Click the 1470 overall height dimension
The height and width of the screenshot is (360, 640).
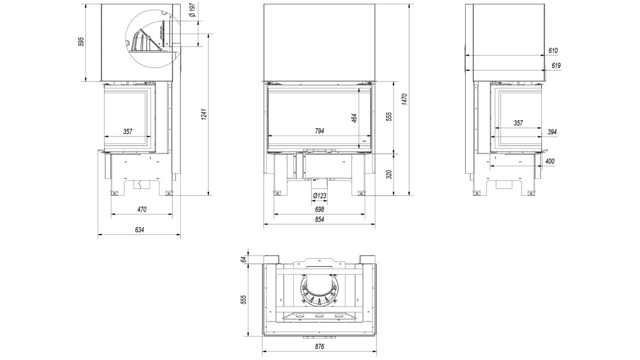pyautogui.click(x=404, y=99)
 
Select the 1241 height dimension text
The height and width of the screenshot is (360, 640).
pyautogui.click(x=204, y=114)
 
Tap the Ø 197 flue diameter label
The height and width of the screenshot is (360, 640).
pyautogui.click(x=193, y=10)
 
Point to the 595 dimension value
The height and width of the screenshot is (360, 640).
pyautogui.click(x=81, y=42)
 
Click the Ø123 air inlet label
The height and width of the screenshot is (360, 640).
pyautogui.click(x=319, y=196)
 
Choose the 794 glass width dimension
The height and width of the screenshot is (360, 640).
pyautogui.click(x=319, y=131)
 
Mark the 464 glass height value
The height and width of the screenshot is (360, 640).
pyautogui.click(x=354, y=118)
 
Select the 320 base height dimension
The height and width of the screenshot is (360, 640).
pyautogui.click(x=389, y=174)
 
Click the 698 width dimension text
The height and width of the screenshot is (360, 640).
pyautogui.click(x=319, y=210)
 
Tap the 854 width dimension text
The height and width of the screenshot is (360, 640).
pyautogui.click(x=319, y=219)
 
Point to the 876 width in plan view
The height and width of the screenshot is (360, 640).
pyautogui.click(x=319, y=347)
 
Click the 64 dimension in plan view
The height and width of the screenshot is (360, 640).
pyautogui.click(x=243, y=259)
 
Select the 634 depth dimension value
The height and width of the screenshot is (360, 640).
pyautogui.click(x=139, y=230)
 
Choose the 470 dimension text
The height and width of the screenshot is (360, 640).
pyautogui.click(x=142, y=210)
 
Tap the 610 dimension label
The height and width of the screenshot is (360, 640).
pyautogui.click(x=553, y=51)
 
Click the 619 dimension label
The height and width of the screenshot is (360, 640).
pyautogui.click(x=556, y=66)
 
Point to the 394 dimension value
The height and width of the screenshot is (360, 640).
pyautogui.click(x=552, y=132)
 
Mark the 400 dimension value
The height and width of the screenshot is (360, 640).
pyautogui.click(x=550, y=161)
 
